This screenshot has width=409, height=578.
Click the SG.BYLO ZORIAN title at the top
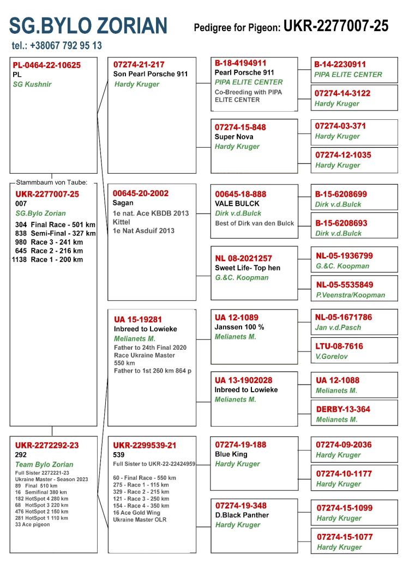click(x=88, y=25)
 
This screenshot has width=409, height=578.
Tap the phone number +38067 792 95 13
click(x=56, y=46)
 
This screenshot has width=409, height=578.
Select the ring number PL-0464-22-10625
click(x=46, y=65)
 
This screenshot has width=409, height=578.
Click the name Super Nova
click(x=233, y=137)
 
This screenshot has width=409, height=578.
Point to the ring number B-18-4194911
click(x=240, y=63)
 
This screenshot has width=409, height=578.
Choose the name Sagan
click(x=123, y=203)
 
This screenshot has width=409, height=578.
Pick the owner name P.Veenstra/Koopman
click(x=350, y=295)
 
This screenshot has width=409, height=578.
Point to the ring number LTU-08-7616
click(x=339, y=346)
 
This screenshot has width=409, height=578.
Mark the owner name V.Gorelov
click(x=331, y=356)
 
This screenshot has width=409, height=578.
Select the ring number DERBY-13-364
click(x=342, y=409)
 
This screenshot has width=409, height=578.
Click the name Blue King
click(x=231, y=454)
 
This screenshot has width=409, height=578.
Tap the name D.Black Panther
click(x=242, y=515)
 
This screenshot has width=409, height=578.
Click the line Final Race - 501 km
click(x=63, y=224)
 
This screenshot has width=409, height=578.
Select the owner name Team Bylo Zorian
click(x=44, y=465)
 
